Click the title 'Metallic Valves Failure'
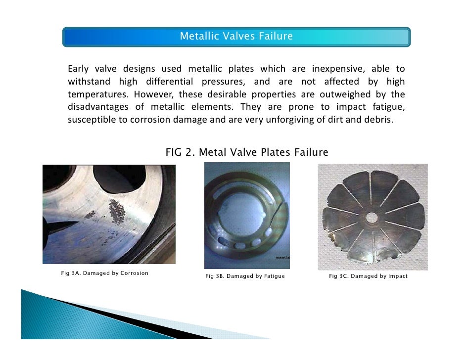click(x=236, y=37)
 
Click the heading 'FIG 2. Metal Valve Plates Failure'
click(x=247, y=152)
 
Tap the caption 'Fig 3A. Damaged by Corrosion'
click(x=104, y=273)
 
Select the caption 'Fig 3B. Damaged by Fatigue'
click(x=245, y=276)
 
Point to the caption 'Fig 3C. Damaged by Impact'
click(x=368, y=276)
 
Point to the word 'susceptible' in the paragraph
click(x=92, y=120)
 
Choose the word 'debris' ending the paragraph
click(x=379, y=120)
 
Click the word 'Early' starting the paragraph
click(x=78, y=68)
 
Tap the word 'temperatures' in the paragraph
click(x=95, y=94)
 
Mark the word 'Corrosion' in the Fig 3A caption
click(x=135, y=273)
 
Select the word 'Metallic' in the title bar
click(x=196, y=37)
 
